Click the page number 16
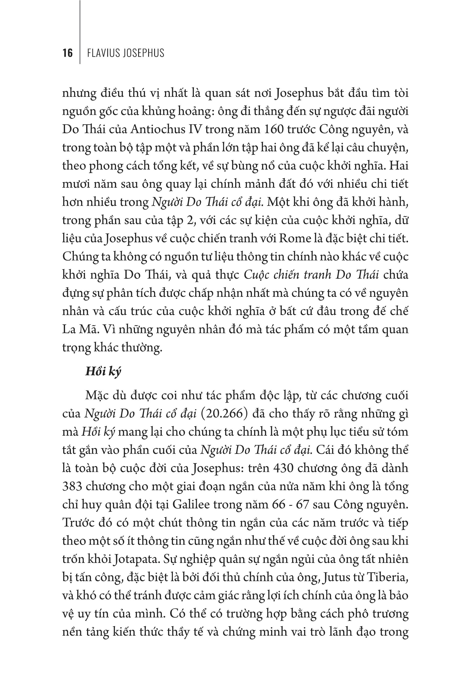tap(67, 53)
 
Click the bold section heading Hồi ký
tap(103, 372)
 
